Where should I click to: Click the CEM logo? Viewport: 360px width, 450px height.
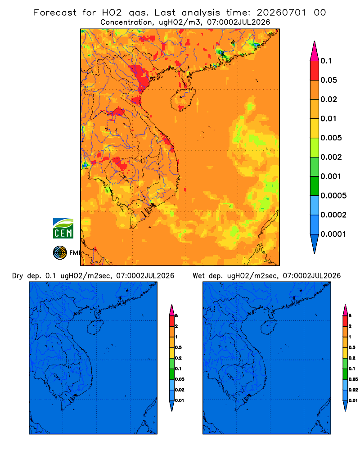pyautogui.click(x=63, y=228)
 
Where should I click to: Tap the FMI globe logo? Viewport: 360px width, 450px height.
pyautogui.click(x=60, y=253)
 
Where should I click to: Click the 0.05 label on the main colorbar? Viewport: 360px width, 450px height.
pyautogui.click(x=328, y=80)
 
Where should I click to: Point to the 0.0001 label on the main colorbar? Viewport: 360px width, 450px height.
pyautogui.click(x=333, y=234)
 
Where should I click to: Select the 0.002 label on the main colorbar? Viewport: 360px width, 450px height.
pyautogui.click(x=331, y=157)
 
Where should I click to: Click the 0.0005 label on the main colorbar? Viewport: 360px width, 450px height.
pyautogui.click(x=333, y=196)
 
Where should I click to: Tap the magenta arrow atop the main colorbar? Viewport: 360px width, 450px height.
pyautogui.click(x=315, y=51)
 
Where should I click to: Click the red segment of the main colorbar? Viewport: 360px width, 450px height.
pyautogui.click(x=315, y=70)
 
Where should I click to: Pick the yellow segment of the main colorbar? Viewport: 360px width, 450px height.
pyautogui.click(x=315, y=128)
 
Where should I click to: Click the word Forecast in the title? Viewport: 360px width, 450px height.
pyautogui.click(x=55, y=13)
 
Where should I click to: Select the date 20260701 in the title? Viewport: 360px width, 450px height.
pyautogui.click(x=281, y=13)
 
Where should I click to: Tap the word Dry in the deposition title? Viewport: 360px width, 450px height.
pyautogui.click(x=17, y=276)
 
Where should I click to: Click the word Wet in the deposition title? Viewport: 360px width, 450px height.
pyautogui.click(x=198, y=276)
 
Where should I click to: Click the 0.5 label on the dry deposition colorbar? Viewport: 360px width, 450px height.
pyautogui.click(x=178, y=347)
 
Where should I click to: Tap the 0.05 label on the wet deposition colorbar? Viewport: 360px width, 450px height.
pyautogui.click(x=353, y=379)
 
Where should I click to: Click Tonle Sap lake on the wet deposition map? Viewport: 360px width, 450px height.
pyautogui.click(x=232, y=376)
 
